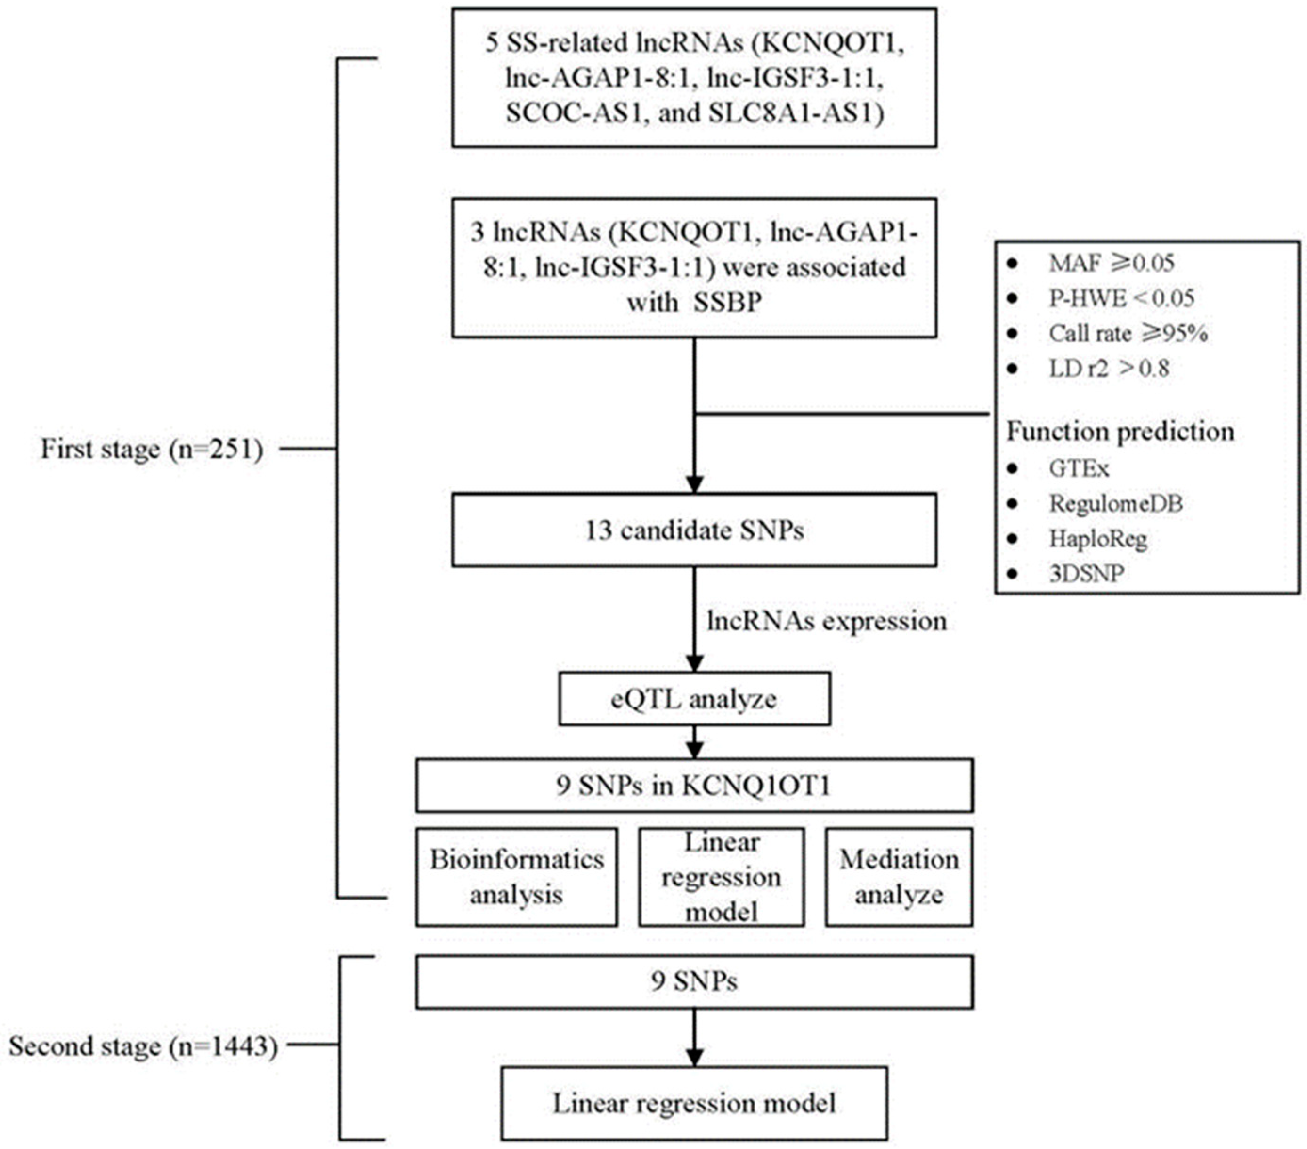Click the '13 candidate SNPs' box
(694, 530)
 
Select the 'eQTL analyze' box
(694, 699)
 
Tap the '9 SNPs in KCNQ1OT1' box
(694, 786)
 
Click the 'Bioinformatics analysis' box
(516, 877)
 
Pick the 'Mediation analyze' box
(898, 877)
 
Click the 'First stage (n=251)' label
(152, 449)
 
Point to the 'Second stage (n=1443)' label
(143, 1046)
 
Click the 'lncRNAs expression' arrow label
(826, 620)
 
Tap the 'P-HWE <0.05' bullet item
(1121, 298)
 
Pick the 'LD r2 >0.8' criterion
(1108, 369)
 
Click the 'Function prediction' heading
(1120, 431)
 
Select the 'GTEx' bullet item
(1079, 468)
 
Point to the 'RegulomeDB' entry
(1116, 504)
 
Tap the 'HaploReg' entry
(1098, 538)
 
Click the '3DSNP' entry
(1086, 573)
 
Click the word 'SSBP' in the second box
(728, 302)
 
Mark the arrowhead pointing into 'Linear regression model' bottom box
(694, 1057)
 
